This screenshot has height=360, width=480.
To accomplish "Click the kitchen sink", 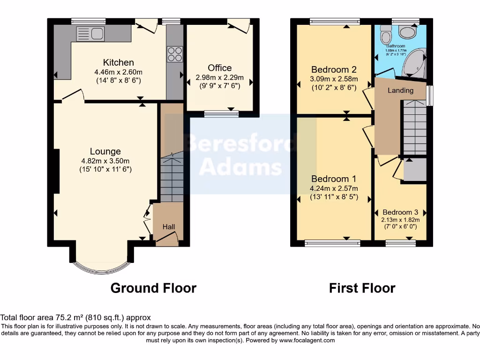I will (90, 33).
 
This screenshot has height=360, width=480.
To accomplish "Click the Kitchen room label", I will (119, 62).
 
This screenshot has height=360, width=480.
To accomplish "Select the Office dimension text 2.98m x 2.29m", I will (220, 77).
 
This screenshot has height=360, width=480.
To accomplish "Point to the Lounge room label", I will (105, 151).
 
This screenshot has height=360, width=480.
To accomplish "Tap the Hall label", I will (169, 227).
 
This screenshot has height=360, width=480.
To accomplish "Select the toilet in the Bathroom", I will (386, 34).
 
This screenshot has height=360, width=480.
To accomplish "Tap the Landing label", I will (400, 90).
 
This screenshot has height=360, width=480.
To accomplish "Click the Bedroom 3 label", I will (400, 212).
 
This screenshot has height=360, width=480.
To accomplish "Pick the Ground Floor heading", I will (153, 288).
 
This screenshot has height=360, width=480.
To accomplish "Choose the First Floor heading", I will (362, 288).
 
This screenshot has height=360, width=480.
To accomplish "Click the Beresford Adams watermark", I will (241, 155).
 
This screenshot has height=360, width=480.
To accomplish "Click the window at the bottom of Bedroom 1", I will (332, 243).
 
